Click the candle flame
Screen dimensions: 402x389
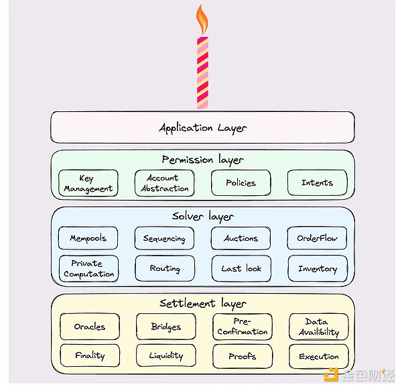pyautogui.click(x=202, y=19)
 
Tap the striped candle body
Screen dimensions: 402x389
pyautogui.click(x=202, y=73)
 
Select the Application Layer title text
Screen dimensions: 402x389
pyautogui.click(x=202, y=128)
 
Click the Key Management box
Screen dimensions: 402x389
pyautogui.click(x=88, y=183)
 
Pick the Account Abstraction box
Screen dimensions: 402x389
pyautogui.click(x=165, y=183)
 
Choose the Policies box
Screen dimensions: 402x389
pyautogui.click(x=241, y=182)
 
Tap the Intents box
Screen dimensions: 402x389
pyautogui.click(x=317, y=182)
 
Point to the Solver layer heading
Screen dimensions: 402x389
pyautogui.click(x=203, y=217)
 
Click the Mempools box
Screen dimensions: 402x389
pyautogui.click(x=88, y=238)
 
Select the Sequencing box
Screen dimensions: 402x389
pyautogui.click(x=164, y=238)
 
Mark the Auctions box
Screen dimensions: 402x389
pyautogui.click(x=241, y=238)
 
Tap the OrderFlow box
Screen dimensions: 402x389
pyautogui.click(x=317, y=238)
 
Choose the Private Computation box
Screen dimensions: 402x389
pyautogui.click(x=88, y=269)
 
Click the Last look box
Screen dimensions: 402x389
pyautogui.click(x=241, y=268)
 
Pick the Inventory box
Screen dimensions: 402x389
pyautogui.click(x=318, y=268)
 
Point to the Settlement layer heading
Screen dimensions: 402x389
pyautogui.click(x=203, y=304)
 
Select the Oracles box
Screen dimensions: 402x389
pyautogui.click(x=90, y=327)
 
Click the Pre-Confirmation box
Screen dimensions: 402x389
pyautogui.click(x=243, y=327)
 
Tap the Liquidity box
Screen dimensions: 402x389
pyautogui.click(x=166, y=355)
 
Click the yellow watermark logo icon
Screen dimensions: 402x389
pyautogui.click(x=331, y=375)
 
